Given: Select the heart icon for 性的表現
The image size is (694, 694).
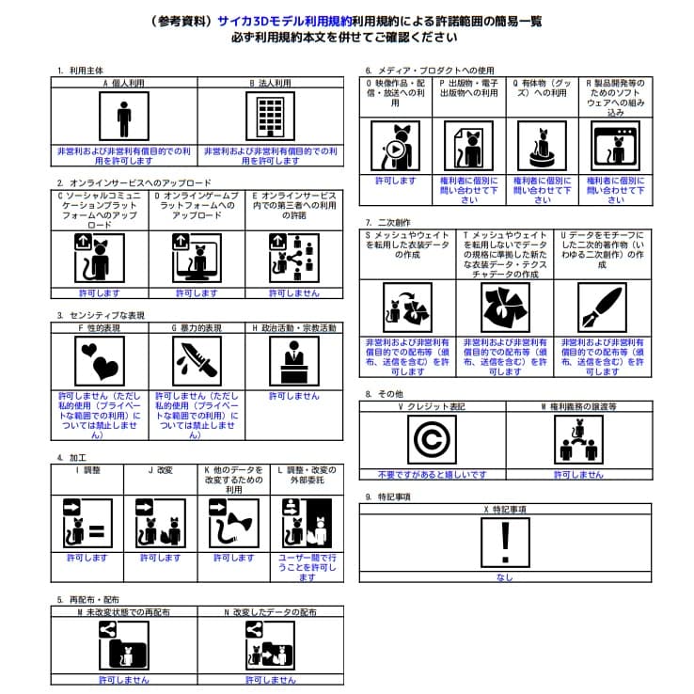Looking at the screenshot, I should pos(100,362).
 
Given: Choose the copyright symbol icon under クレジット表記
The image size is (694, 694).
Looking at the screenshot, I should pos(432,440).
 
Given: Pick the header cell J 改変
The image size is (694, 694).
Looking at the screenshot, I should pos(160,468).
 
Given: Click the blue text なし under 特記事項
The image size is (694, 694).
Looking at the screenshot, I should pos(504,577).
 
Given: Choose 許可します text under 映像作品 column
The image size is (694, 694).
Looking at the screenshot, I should pos(395,180).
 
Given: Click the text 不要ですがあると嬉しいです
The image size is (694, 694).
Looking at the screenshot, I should pos(432,475).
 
